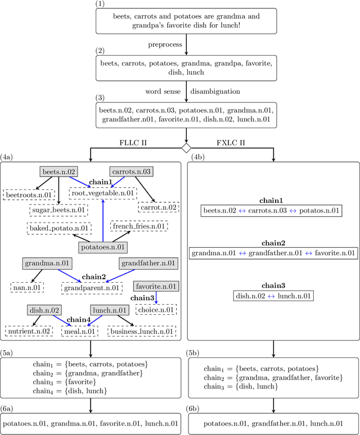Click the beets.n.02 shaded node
(x=58, y=171)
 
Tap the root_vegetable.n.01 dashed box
(x=103, y=193)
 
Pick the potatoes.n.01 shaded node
(x=102, y=247)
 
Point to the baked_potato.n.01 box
(x=58, y=228)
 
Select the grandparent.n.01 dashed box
(x=92, y=287)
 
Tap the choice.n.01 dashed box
(x=156, y=309)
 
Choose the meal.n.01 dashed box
(x=81, y=332)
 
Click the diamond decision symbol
(x=186, y=148)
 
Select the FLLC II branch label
(x=134, y=143)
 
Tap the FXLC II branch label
(x=232, y=143)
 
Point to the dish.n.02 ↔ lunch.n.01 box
(x=273, y=296)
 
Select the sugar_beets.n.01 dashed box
(x=58, y=210)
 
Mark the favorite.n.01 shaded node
(x=156, y=287)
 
